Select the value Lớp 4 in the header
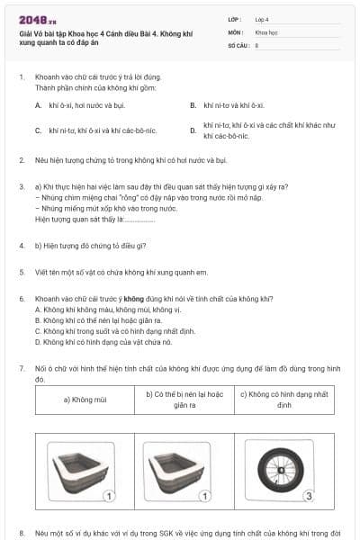(x=262, y=18)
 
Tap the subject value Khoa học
(x=266, y=31)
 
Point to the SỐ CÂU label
(x=238, y=44)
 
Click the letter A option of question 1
(x=39, y=105)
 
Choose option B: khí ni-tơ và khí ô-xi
(x=232, y=105)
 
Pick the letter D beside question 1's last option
(x=193, y=130)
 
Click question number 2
(x=22, y=160)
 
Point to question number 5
(x=22, y=271)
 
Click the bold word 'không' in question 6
(x=133, y=298)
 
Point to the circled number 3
(x=308, y=495)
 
